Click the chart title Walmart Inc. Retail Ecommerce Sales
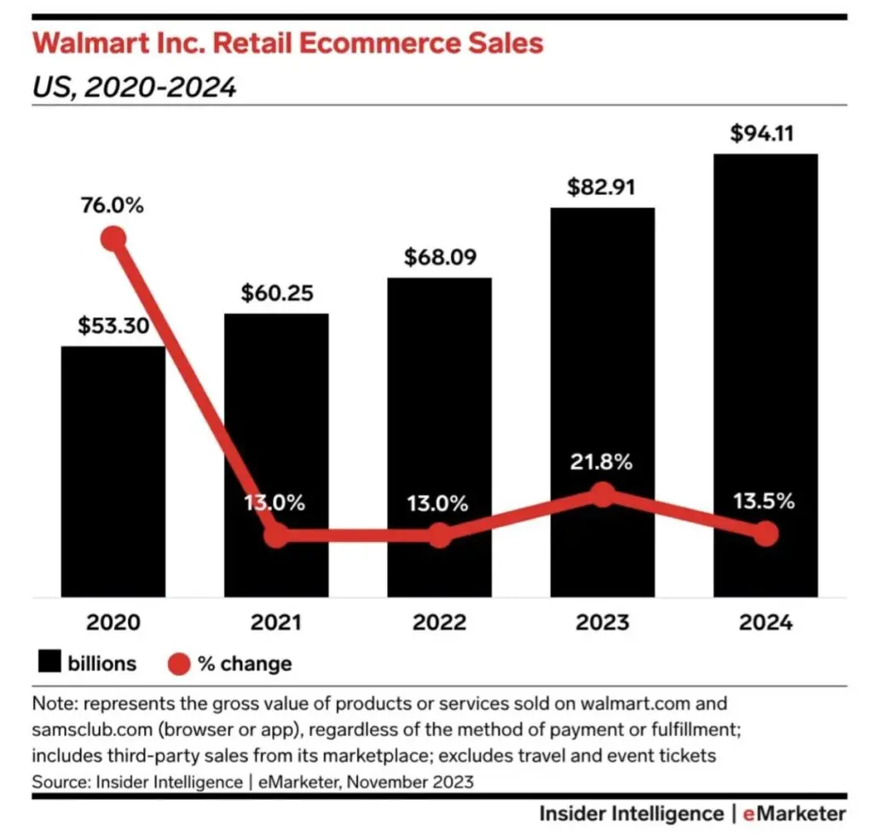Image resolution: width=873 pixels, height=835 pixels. point(286,43)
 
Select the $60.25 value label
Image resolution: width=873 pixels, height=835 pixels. point(276,293)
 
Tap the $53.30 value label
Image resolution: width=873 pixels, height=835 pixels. point(113,325)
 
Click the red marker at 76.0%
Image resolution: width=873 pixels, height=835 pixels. point(113,239)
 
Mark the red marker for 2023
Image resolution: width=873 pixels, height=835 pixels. point(603,494)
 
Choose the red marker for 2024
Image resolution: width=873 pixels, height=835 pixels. point(766,534)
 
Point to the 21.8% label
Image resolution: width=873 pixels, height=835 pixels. point(603,463)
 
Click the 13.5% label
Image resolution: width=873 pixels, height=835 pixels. point(765,501)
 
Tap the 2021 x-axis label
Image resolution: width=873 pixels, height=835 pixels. point(276,623)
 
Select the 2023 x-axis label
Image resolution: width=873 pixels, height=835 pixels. point(603,623)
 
